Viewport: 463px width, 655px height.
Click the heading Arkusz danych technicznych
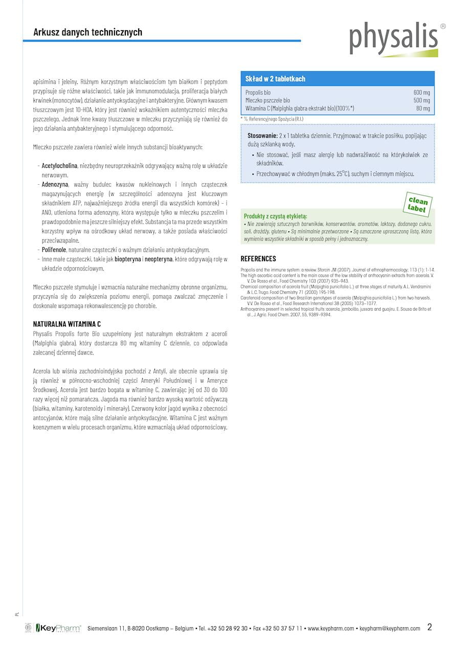pyautogui.click(x=87, y=32)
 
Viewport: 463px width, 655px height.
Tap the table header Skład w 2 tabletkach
pyautogui.click(x=275, y=79)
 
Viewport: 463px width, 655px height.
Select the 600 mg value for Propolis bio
pyautogui.click(x=422, y=93)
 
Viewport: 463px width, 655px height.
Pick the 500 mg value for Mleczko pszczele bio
pyautogui.click(x=422, y=101)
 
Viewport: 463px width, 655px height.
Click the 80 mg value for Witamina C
pyautogui.click(x=423, y=108)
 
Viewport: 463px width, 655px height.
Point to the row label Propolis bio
pyautogui.click(x=258, y=93)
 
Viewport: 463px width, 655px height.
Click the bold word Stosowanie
pyautogui.click(x=262, y=136)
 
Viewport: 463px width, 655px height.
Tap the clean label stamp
pyautogui.click(x=418, y=204)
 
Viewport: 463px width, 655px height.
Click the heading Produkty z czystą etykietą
pyautogui.click(x=275, y=216)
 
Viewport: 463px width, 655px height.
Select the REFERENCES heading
pyautogui.click(x=258, y=258)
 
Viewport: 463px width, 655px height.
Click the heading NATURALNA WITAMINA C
pyautogui.click(x=67, y=324)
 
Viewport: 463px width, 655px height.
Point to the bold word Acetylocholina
pyautogui.click(x=59, y=166)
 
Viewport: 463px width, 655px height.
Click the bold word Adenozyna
pyautogui.click(x=55, y=184)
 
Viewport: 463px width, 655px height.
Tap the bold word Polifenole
pyautogui.click(x=55, y=250)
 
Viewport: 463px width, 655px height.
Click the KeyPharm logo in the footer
pyautogui.click(x=58, y=628)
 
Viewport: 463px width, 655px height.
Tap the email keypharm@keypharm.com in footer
pyautogui.click(x=390, y=628)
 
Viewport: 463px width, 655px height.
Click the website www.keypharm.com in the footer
pyautogui.click(x=330, y=628)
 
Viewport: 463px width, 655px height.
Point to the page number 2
pyautogui.click(x=430, y=627)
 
